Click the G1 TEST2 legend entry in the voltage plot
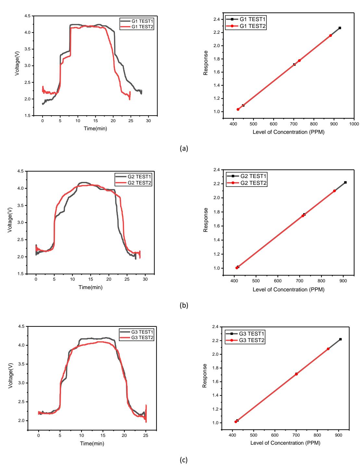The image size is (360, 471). (x=137, y=27)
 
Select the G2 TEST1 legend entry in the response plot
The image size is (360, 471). (x=247, y=176)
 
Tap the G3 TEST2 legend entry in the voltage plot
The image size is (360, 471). (x=137, y=337)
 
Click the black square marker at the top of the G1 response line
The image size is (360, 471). (x=340, y=28)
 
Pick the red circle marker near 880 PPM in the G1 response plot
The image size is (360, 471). (x=331, y=35)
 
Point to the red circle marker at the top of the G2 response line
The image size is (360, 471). (x=334, y=191)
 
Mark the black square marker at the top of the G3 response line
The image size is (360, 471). (x=341, y=339)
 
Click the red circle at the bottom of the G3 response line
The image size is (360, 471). (x=236, y=422)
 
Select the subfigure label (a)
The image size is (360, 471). (x=184, y=148)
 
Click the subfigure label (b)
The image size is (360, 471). (x=184, y=305)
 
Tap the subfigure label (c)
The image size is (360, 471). (x=184, y=460)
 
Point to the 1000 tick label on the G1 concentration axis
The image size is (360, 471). (x=354, y=124)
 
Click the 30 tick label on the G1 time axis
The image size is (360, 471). (x=148, y=121)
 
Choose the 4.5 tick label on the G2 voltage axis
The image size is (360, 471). (x=21, y=171)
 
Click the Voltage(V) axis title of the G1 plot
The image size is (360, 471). (x=17, y=63)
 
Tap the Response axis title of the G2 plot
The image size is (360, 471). (x=205, y=220)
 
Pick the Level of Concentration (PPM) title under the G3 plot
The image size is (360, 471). (x=285, y=443)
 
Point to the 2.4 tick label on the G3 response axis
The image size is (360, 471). (x=215, y=327)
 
